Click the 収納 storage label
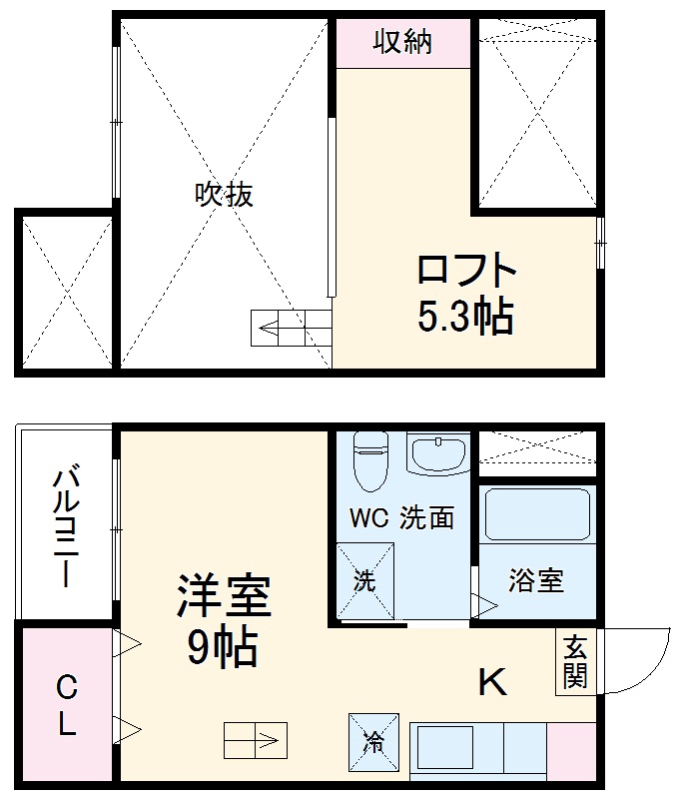[402, 42]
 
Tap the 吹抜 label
[224, 194]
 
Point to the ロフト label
[466, 272]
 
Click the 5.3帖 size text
[465, 317]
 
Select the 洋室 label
[224, 597]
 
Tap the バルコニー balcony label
[65, 525]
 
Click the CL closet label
[66, 705]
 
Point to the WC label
[366, 518]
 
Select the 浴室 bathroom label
[536, 580]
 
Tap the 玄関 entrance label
[574, 661]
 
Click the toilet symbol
[369, 458]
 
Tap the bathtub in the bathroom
[537, 515]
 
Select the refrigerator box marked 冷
[373, 742]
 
